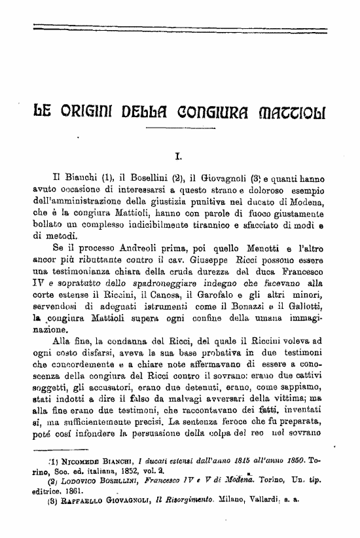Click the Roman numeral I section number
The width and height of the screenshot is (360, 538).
[x=179, y=157]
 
